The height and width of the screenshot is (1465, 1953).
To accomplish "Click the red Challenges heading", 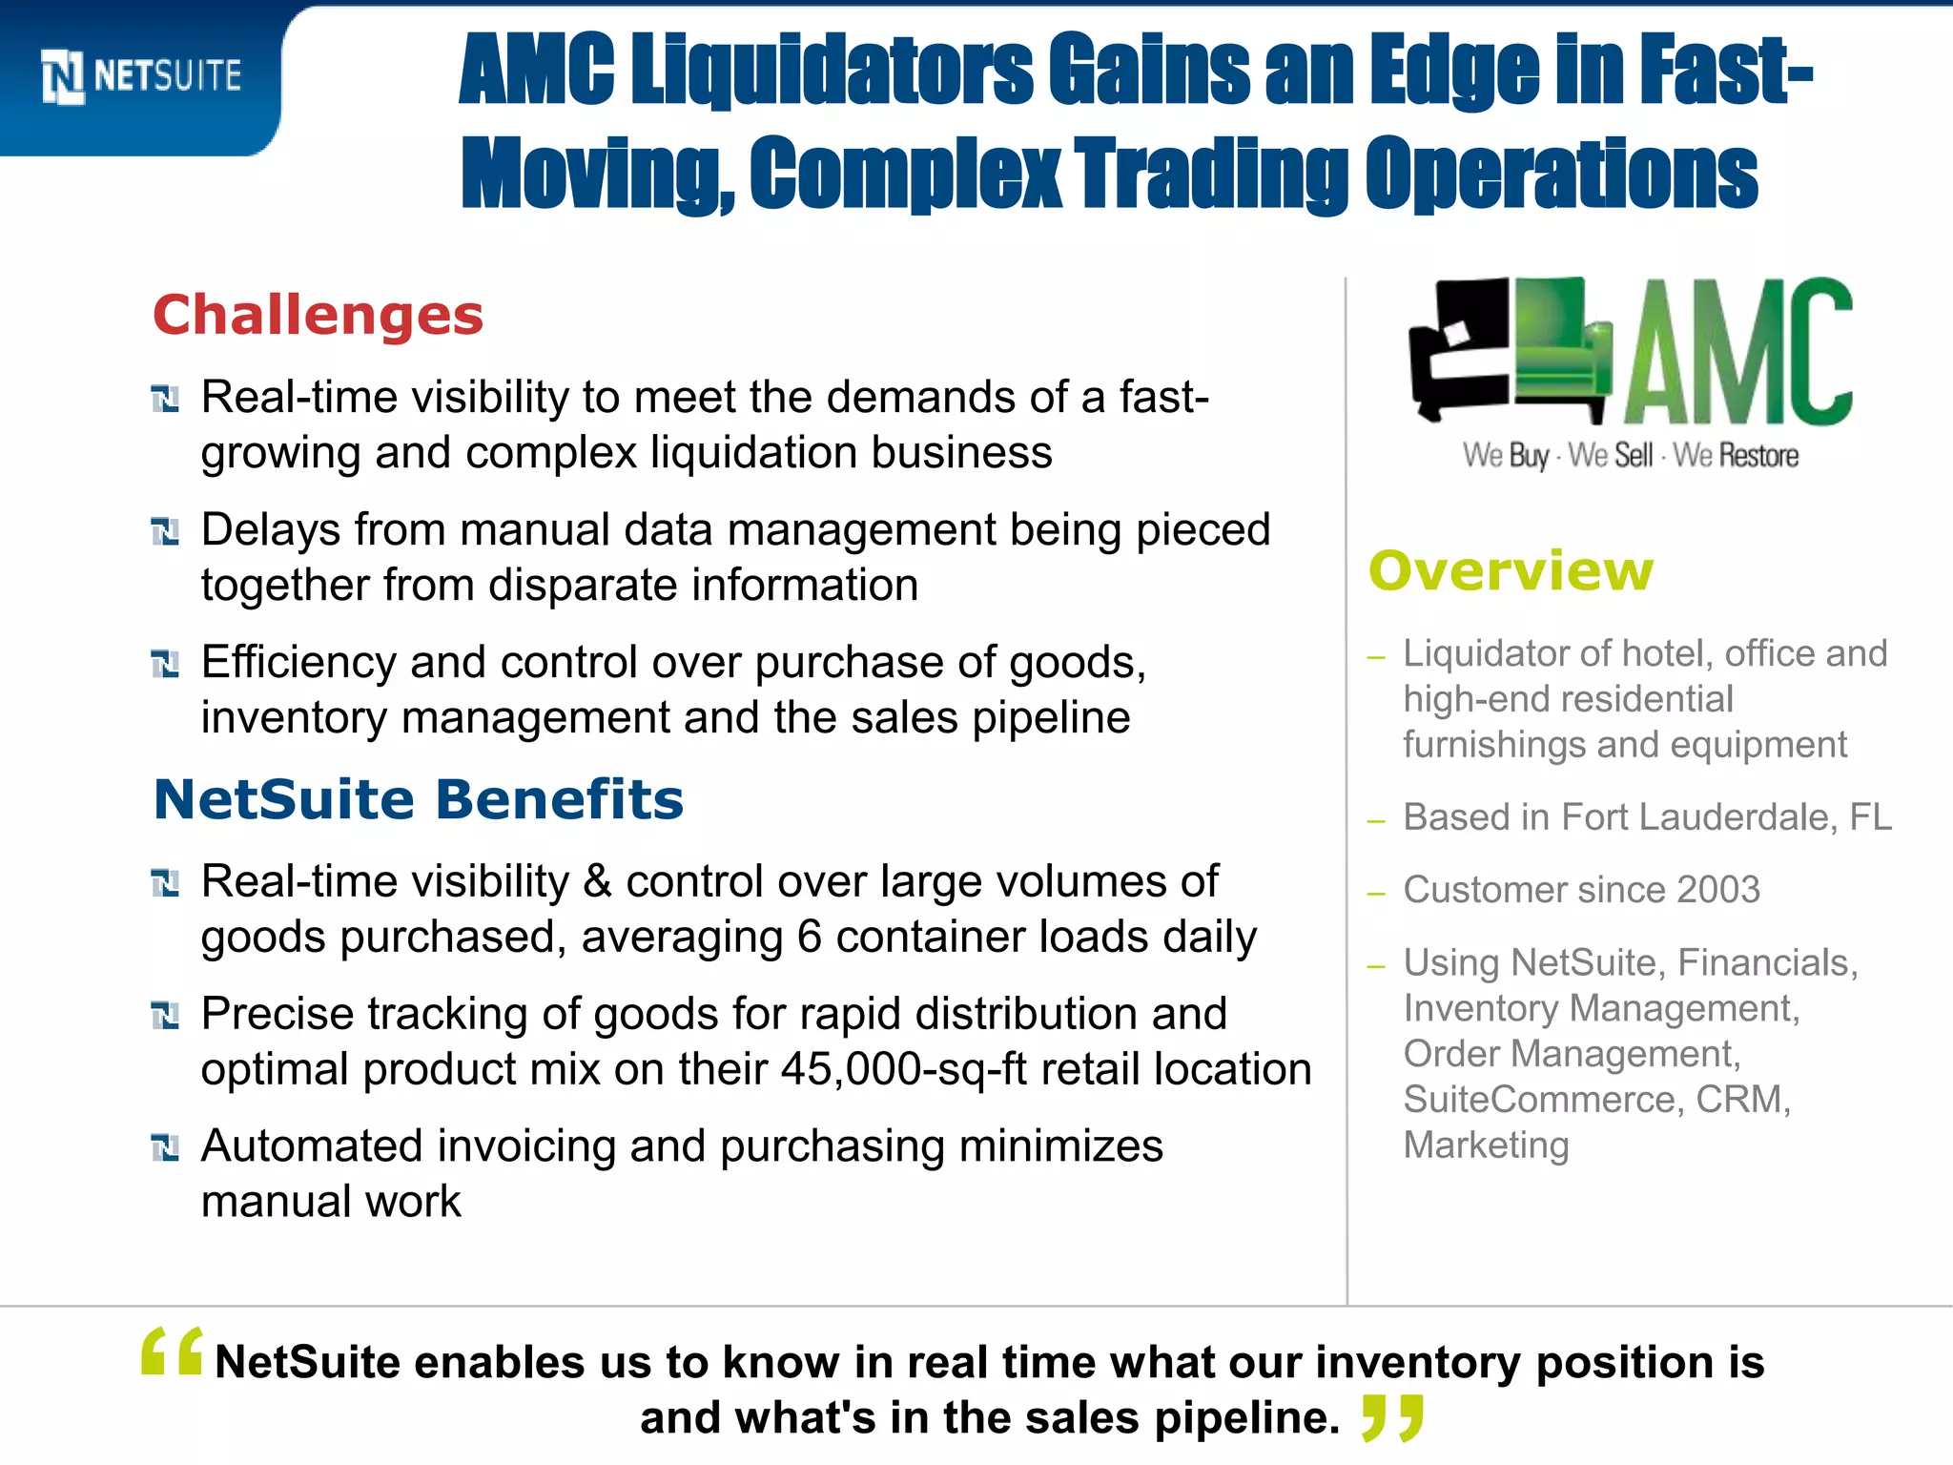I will [x=318, y=315].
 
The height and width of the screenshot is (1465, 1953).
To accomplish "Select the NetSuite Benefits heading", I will [x=419, y=799].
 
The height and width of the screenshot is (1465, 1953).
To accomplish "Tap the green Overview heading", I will [x=1511, y=571].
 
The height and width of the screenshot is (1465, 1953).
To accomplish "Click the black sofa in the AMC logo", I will [x=1457, y=348].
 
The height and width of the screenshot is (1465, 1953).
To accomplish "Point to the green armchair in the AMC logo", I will [x=1562, y=348].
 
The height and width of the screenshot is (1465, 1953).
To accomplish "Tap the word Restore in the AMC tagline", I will [x=1759, y=456].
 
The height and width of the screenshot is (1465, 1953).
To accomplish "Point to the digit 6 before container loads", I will [x=810, y=937].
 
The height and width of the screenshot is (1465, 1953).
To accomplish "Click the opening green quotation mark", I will [x=172, y=1352].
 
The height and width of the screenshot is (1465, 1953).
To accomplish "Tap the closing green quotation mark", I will [x=1393, y=1416].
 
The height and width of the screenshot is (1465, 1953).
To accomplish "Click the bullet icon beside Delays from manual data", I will [x=165, y=532].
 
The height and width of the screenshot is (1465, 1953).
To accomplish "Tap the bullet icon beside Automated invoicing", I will [x=165, y=1148].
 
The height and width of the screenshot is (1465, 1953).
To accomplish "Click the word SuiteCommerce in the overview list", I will [x=1539, y=1100].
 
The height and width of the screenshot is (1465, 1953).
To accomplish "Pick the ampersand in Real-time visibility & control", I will [x=597, y=881].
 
